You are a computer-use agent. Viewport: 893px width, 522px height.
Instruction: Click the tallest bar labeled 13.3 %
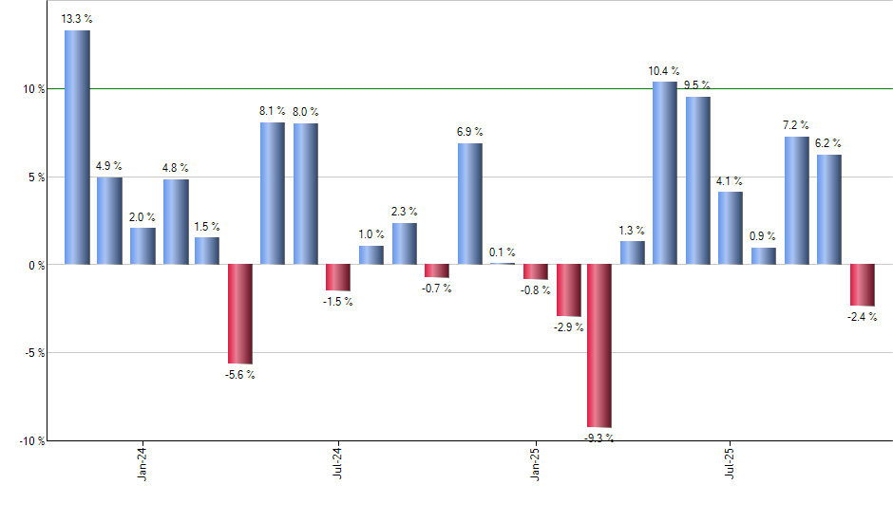point(77,147)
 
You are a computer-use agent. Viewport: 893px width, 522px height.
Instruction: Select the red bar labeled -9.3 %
point(599,345)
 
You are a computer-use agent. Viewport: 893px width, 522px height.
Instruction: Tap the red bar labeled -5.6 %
point(239,313)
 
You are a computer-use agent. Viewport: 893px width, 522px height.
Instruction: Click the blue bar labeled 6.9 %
point(469,203)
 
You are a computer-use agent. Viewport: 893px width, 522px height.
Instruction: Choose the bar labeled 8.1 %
point(273,193)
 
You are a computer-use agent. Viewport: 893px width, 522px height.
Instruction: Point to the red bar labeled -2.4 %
point(862,285)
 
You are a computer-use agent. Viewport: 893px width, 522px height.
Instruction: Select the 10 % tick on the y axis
point(35,89)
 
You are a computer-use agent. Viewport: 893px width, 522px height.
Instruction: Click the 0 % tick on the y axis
point(38,265)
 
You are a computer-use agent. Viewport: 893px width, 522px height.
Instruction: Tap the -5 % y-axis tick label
point(35,353)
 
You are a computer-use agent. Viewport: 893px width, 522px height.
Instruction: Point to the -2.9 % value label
point(568,327)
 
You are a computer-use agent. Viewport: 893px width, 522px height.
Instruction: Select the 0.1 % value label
point(503,252)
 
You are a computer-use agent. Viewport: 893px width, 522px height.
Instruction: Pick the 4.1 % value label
point(731,181)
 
